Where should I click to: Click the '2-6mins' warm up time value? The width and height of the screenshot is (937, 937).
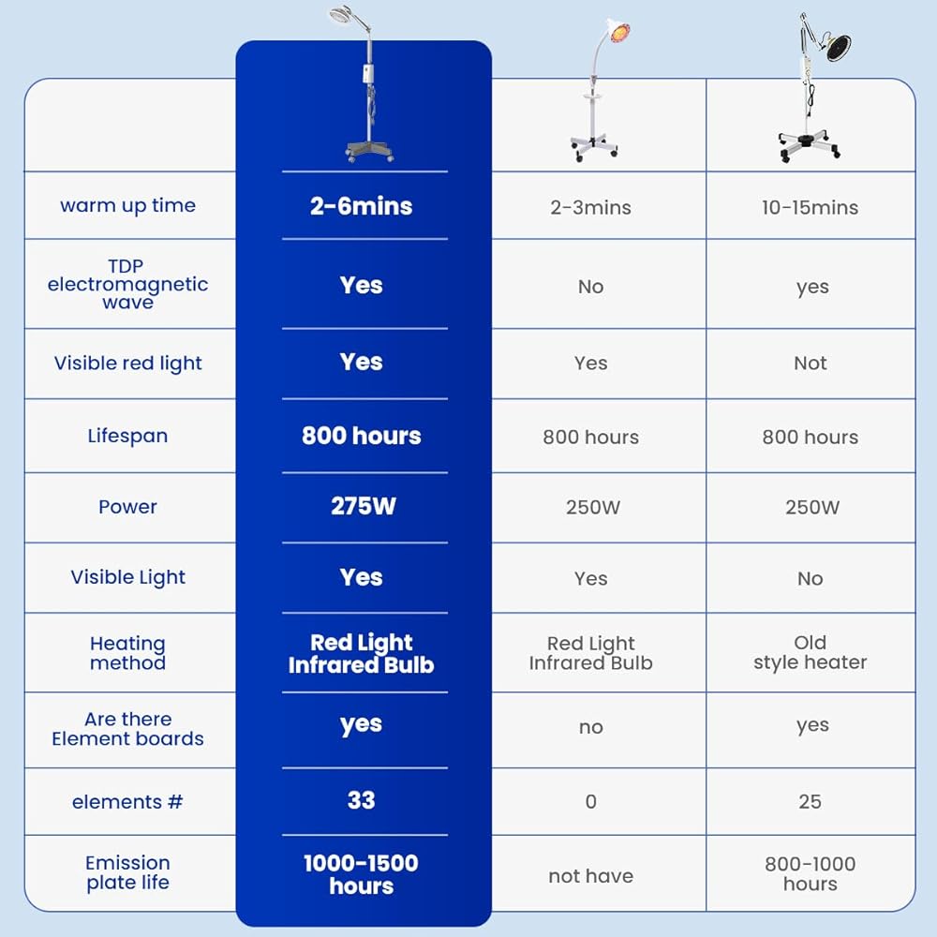361,206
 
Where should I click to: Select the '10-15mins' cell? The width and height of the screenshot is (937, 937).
810,207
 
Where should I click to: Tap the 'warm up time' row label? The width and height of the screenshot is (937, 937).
127,205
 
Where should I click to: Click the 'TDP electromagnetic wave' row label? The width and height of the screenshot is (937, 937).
127,284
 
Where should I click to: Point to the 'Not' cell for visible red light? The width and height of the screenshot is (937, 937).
811,363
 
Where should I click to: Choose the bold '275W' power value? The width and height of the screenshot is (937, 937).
364,506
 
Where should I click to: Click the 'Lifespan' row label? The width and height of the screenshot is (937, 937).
127,436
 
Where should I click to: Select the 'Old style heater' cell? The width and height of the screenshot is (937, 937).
811,652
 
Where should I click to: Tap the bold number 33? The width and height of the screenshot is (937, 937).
362,800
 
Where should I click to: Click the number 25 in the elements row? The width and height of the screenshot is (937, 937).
811,801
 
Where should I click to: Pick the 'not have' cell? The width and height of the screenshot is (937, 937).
591,876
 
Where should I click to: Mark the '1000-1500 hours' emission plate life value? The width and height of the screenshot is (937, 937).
361,874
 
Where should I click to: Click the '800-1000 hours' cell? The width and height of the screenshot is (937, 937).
811,873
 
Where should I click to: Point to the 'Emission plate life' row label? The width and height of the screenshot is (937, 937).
127,872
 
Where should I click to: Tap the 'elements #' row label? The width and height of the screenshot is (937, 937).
127,801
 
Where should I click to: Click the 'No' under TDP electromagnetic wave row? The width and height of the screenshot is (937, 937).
591,287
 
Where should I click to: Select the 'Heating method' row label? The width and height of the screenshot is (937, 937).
127,652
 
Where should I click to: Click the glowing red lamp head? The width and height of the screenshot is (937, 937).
619,31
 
